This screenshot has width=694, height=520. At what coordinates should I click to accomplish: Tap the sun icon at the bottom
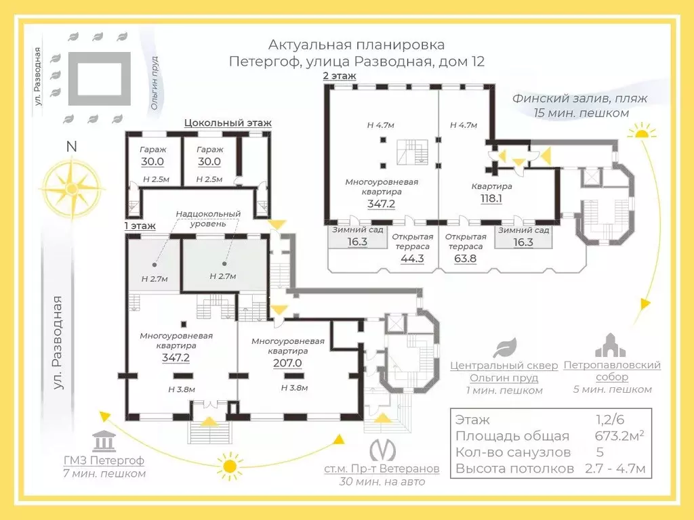pos(230,466)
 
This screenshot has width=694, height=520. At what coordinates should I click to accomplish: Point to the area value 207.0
pos(287,363)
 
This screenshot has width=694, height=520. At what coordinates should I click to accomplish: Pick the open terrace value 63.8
pos(466,258)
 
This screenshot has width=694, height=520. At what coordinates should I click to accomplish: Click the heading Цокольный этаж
pos(228,123)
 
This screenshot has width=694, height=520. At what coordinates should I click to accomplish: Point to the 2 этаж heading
pos(340,76)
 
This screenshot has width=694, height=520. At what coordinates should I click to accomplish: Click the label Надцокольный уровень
pos(208,219)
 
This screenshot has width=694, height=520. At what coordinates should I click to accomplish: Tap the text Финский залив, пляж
pos(579,98)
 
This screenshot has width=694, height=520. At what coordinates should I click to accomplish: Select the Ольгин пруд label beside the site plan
pos(155,83)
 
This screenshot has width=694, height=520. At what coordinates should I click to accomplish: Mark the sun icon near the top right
pos(640,133)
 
